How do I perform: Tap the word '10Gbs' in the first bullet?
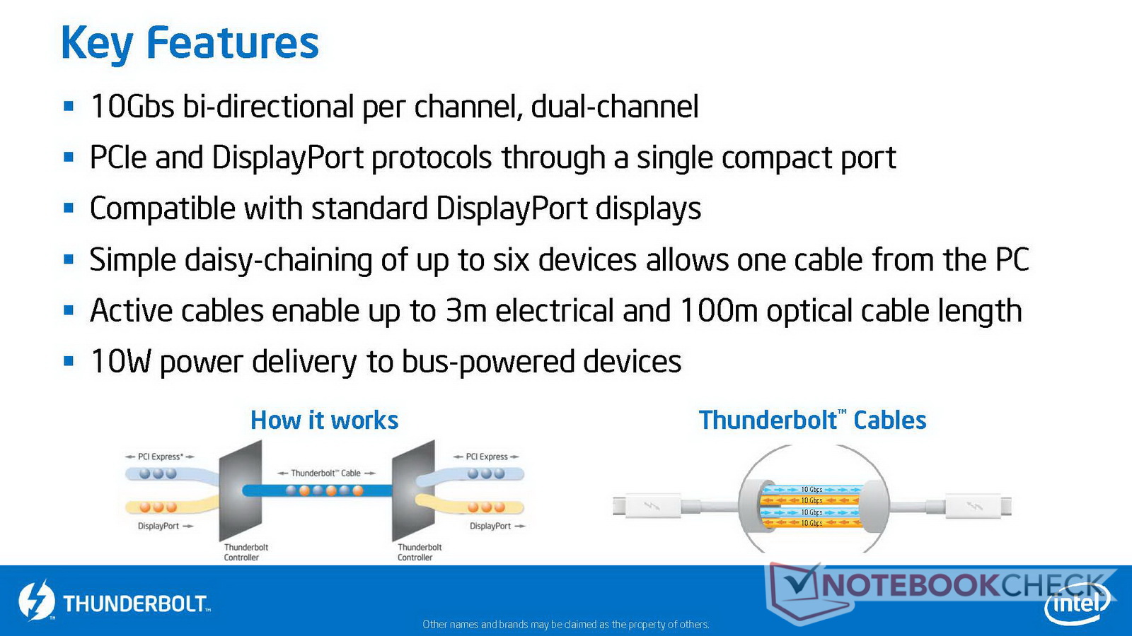click(132, 107)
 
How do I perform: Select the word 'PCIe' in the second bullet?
click(117, 157)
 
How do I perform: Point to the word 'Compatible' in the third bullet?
click(162, 209)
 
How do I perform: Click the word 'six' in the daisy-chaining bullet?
click(510, 260)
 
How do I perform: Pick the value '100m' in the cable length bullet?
click(719, 310)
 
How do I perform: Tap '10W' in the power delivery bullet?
click(120, 361)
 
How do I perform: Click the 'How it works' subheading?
click(325, 420)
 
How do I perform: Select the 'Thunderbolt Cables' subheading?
click(812, 420)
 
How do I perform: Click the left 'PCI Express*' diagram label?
click(160, 457)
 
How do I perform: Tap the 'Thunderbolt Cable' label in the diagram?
click(326, 473)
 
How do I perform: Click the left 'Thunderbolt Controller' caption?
click(246, 552)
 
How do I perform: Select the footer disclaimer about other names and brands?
click(565, 625)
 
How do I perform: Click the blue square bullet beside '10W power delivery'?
click(69, 361)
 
